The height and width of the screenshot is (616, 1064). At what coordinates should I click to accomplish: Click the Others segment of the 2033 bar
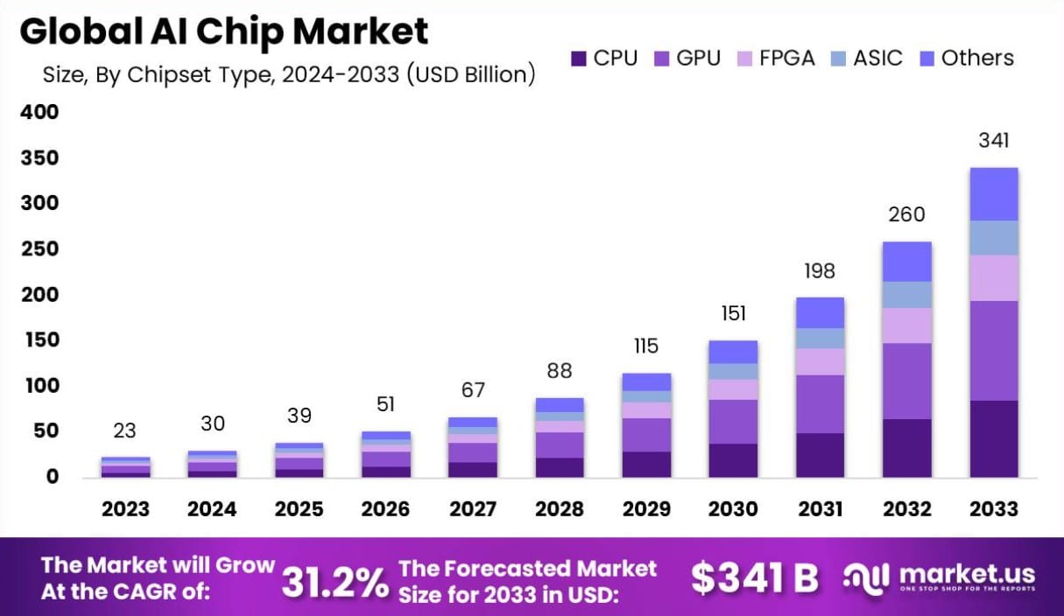pyautogui.click(x=993, y=193)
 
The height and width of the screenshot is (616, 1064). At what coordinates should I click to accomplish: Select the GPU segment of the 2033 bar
pyautogui.click(x=993, y=350)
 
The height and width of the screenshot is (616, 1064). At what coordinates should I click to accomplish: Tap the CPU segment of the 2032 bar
pyautogui.click(x=906, y=447)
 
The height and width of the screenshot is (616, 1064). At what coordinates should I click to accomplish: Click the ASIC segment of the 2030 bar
pyautogui.click(x=733, y=371)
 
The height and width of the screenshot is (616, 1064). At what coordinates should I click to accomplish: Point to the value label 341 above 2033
pyautogui.click(x=993, y=140)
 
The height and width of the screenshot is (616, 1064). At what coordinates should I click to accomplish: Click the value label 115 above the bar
pyautogui.click(x=646, y=346)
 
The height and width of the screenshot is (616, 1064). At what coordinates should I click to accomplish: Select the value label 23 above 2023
pyautogui.click(x=125, y=430)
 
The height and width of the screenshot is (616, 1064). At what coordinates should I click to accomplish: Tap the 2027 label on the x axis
pyautogui.click(x=473, y=509)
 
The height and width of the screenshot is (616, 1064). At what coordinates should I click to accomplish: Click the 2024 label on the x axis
pyautogui.click(x=213, y=509)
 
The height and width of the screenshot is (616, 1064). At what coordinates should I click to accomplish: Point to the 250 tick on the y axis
pyautogui.click(x=41, y=249)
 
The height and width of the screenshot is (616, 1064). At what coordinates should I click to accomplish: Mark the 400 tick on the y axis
pyautogui.click(x=41, y=112)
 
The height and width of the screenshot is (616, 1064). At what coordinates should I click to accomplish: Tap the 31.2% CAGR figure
pyautogui.click(x=335, y=580)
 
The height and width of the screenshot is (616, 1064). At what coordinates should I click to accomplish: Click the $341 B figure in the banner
pyautogui.click(x=754, y=578)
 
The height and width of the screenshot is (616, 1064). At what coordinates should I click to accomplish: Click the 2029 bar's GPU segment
pyautogui.click(x=646, y=435)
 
